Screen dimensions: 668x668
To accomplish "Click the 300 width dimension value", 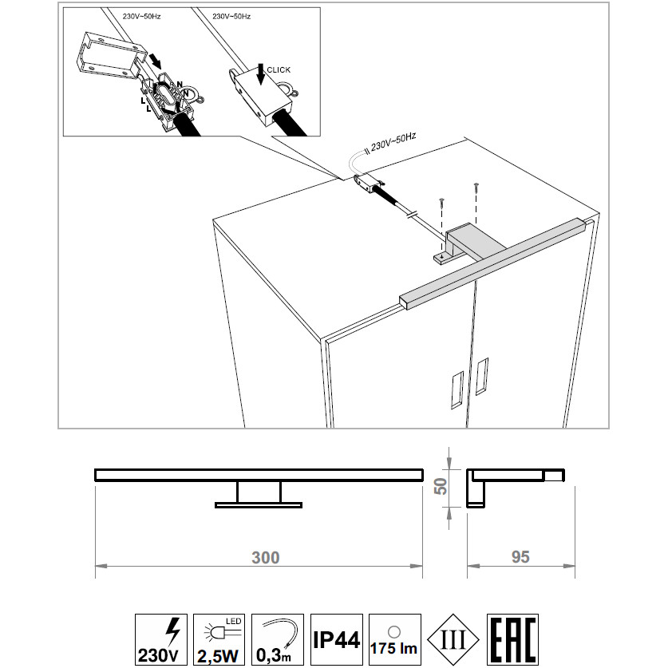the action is [x=266, y=557].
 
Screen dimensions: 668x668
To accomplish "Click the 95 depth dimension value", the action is [x=520, y=556].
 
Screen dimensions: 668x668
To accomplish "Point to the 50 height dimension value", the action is [x=441, y=486].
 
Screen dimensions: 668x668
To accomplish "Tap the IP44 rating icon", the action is [x=337, y=639].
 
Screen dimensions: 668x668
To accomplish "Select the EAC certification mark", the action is [x=512, y=639].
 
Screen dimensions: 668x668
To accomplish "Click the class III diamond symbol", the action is [x=453, y=639].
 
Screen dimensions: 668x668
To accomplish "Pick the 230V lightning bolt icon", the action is [x=161, y=639].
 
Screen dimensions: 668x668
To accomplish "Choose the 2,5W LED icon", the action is [x=219, y=639].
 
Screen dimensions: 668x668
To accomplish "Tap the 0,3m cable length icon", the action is [x=278, y=639].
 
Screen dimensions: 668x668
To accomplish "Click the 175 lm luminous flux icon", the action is [x=395, y=639].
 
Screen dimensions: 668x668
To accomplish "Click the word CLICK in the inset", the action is [x=279, y=70].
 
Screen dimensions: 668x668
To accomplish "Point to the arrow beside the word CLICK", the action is [x=260, y=73].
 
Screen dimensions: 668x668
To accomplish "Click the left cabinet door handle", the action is [x=457, y=390].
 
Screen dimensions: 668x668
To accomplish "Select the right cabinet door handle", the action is [x=482, y=376].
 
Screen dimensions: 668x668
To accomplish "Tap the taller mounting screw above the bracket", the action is [x=476, y=203].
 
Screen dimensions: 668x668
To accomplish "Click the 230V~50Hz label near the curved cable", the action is [x=393, y=142].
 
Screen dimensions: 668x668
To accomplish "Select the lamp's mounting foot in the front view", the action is [x=259, y=505].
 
